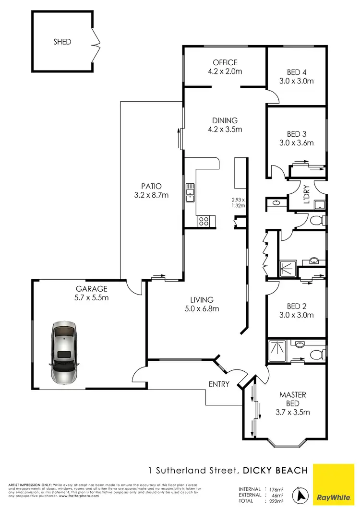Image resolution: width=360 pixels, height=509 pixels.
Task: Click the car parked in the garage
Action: click(64, 352)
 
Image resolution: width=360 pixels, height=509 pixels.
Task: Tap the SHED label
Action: click(62, 42)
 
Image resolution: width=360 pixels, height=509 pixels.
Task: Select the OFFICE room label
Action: click(225, 62)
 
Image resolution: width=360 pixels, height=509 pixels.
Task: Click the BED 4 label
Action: click(296, 72)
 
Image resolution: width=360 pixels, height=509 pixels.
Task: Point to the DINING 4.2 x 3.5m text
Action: click(225, 125)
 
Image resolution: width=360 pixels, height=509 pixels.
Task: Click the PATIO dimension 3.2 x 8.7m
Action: click(151, 195)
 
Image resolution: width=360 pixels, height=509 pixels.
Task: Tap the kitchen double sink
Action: click(191, 192)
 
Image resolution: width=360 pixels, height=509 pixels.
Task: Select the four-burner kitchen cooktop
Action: click(204, 221)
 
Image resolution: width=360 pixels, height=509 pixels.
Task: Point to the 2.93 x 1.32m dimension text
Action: click(237, 202)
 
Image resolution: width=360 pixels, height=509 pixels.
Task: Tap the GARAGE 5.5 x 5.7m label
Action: click(91, 293)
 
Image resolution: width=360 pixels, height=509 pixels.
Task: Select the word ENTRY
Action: click(219, 384)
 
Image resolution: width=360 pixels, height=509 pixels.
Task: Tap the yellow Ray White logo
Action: click(336, 484)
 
